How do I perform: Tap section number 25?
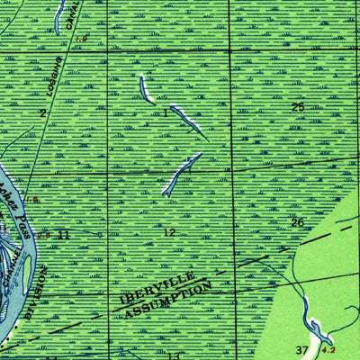[299, 108]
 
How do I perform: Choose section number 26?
[299, 222]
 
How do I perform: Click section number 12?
[169, 232]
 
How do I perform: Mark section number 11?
[63, 234]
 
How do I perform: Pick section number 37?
[302, 347]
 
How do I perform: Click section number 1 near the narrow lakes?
[166, 113]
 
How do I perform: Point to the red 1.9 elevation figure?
[82, 39]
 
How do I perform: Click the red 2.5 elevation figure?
[42, 231]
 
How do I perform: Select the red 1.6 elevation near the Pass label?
[35, 199]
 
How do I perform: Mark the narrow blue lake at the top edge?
[59, 15]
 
